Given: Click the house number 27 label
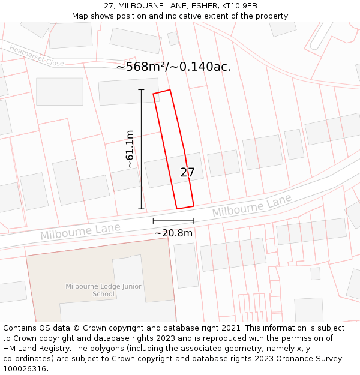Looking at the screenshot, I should [187, 173].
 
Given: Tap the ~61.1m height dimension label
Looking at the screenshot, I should [129, 149].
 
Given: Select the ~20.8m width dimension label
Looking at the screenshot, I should [173, 233].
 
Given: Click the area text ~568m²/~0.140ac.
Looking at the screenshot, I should [173, 67].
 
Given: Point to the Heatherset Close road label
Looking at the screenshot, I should [37, 56].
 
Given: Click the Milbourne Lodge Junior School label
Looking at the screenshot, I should [104, 290].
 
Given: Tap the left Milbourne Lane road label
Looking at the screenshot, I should [80, 231].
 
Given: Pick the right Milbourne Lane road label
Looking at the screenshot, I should [251, 206].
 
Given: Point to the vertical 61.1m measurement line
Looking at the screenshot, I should [142, 150].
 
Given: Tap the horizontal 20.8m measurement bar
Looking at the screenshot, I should [173, 221].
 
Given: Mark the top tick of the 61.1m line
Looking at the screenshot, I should [142, 90].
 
